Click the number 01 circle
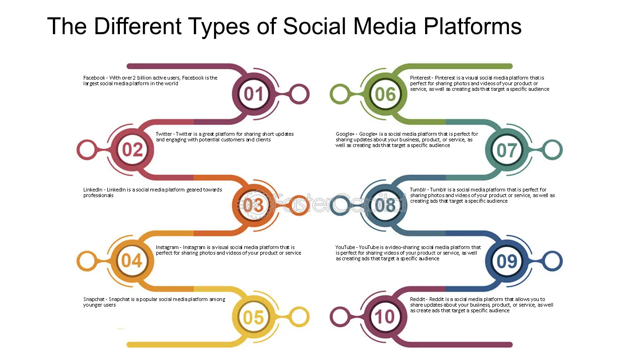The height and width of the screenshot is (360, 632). point(254,94)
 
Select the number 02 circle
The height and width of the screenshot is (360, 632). point(132,150)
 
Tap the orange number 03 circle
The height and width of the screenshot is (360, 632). point(254,206)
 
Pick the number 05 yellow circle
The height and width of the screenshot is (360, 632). point(254,317)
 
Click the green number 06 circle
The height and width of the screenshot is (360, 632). point(385,94)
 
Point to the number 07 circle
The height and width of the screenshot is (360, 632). point(507,150)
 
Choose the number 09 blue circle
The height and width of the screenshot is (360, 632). point(507,261)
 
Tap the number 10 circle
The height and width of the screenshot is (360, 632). point(385,316)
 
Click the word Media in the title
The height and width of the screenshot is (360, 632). point(384,26)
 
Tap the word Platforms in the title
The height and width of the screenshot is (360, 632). point(472,26)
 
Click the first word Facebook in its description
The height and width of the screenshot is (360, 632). point(94,78)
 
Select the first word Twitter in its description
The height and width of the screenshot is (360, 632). point(164,134)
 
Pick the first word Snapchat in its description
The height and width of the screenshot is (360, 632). point(94,299)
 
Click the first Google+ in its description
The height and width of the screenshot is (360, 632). point(345,134)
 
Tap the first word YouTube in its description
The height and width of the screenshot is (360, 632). point(345,248)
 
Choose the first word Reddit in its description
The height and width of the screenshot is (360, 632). point(418,299)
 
